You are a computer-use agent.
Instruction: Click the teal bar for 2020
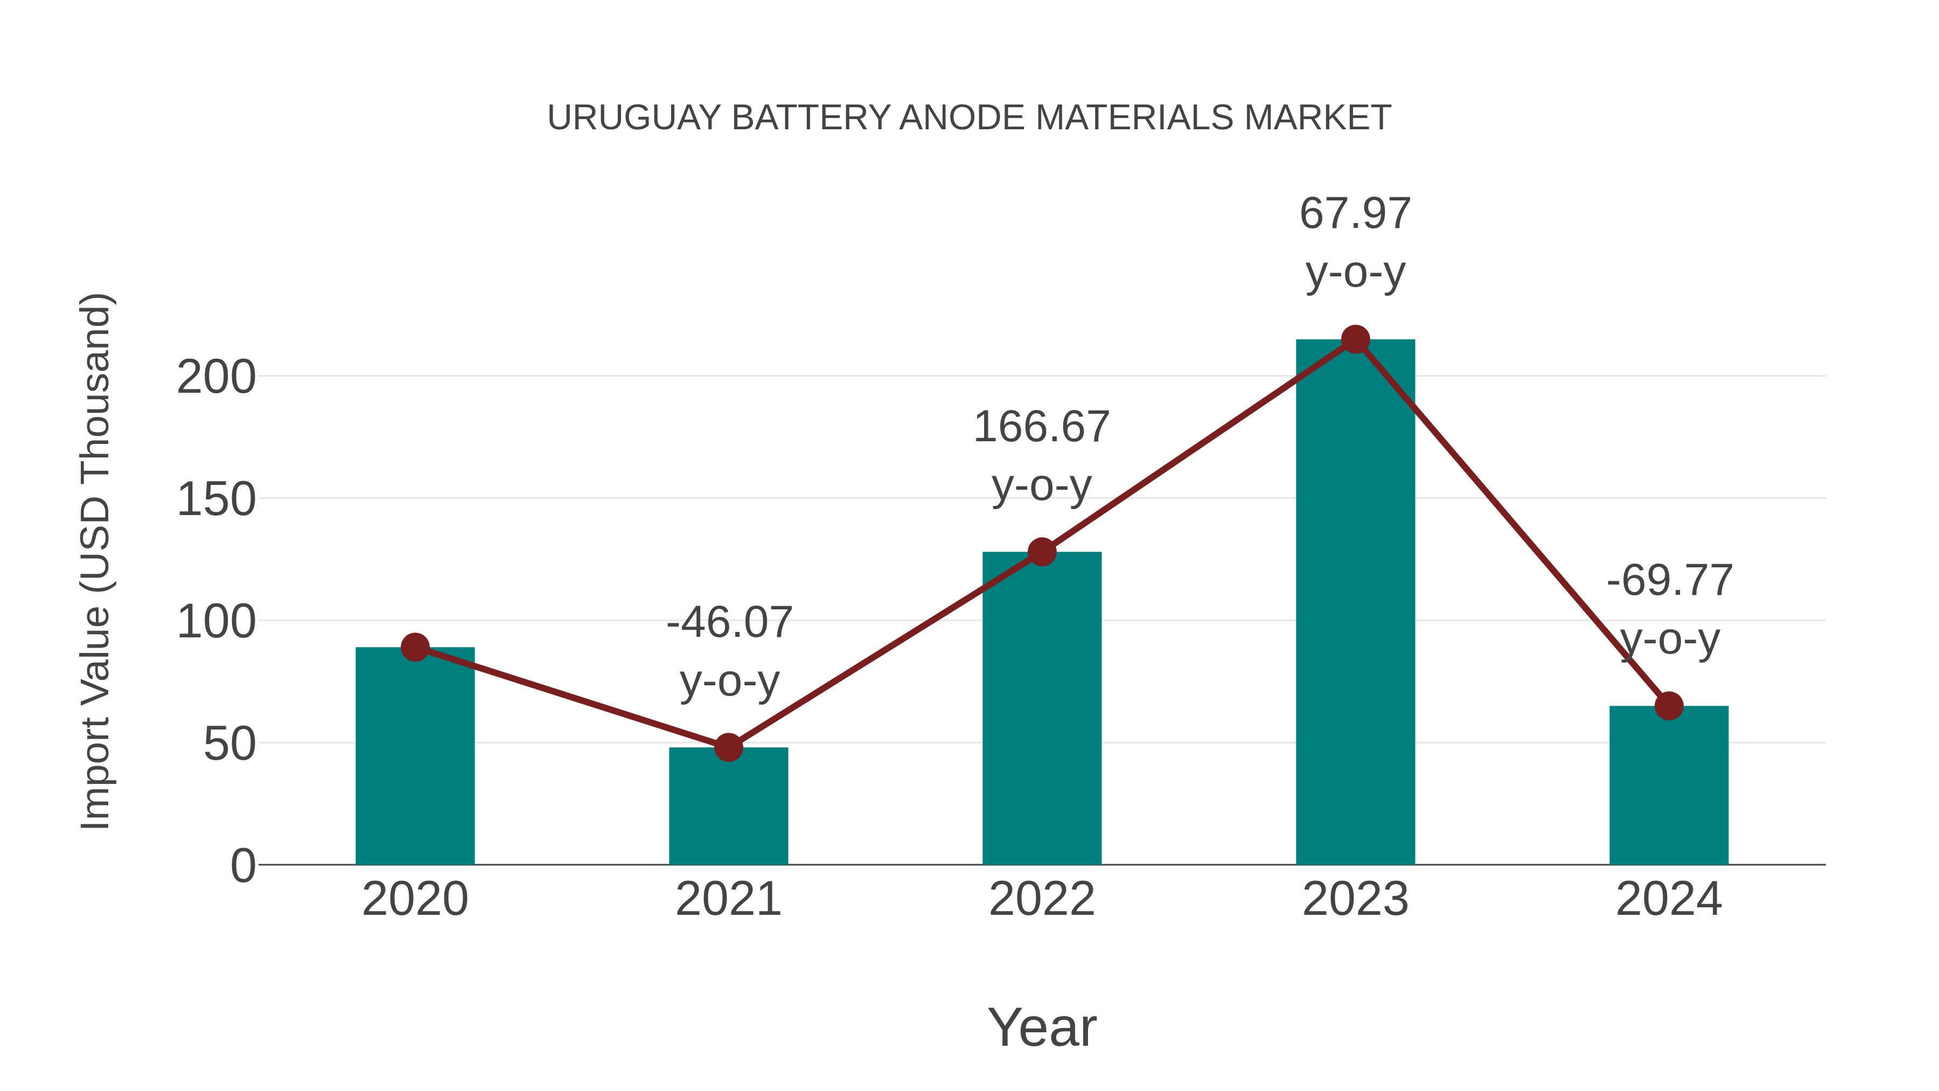[x=415, y=760]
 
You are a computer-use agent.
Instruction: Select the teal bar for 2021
[x=728, y=809]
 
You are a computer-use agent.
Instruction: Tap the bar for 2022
[x=1041, y=712]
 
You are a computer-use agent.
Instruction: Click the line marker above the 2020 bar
[x=415, y=647]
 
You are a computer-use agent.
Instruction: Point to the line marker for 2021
[x=728, y=748]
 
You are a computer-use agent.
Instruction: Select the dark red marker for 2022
[x=1041, y=552]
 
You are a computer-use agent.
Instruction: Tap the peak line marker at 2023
[x=1355, y=339]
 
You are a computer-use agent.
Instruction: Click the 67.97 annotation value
[x=1355, y=214]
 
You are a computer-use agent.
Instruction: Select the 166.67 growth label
[x=1041, y=428]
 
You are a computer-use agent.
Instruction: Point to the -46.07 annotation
[x=729, y=623]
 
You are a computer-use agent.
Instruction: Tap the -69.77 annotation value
[x=1670, y=581]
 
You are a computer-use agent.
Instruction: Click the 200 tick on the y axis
[x=216, y=378]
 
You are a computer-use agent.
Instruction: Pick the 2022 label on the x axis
[x=1041, y=900]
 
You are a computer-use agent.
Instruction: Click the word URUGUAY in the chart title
[x=634, y=118]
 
